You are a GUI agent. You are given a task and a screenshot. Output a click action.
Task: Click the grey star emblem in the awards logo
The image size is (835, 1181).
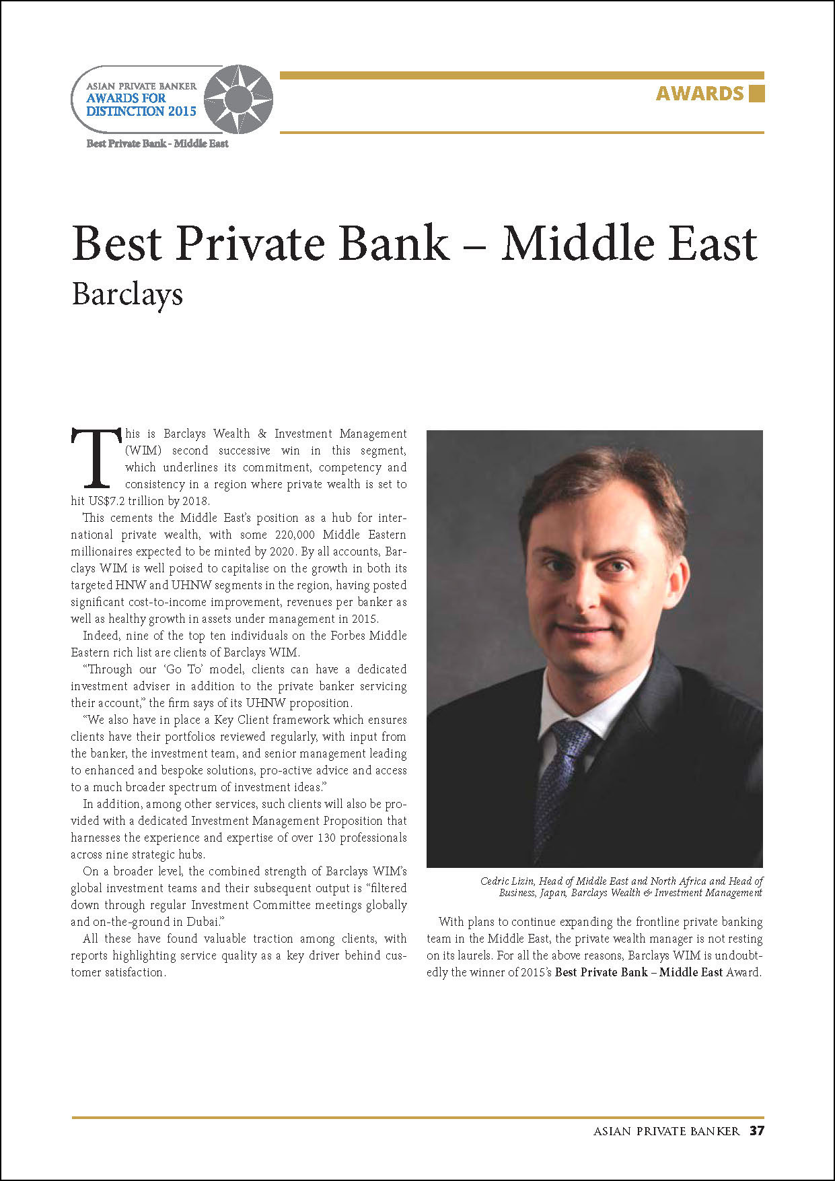[238, 99]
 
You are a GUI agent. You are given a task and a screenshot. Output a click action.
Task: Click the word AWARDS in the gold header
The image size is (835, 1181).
[700, 93]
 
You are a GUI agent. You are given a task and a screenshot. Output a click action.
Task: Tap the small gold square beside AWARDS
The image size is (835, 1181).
[756, 93]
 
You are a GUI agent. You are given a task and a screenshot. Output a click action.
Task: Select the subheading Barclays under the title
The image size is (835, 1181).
[127, 295]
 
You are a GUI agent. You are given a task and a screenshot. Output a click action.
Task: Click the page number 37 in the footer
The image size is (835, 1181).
[757, 1131]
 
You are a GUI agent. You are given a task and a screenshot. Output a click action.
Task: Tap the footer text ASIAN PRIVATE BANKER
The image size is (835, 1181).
[666, 1131]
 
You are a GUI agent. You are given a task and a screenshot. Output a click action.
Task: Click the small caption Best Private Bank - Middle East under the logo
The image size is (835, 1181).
[157, 143]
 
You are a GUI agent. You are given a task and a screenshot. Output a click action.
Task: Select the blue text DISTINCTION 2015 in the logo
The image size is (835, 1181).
[141, 111]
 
